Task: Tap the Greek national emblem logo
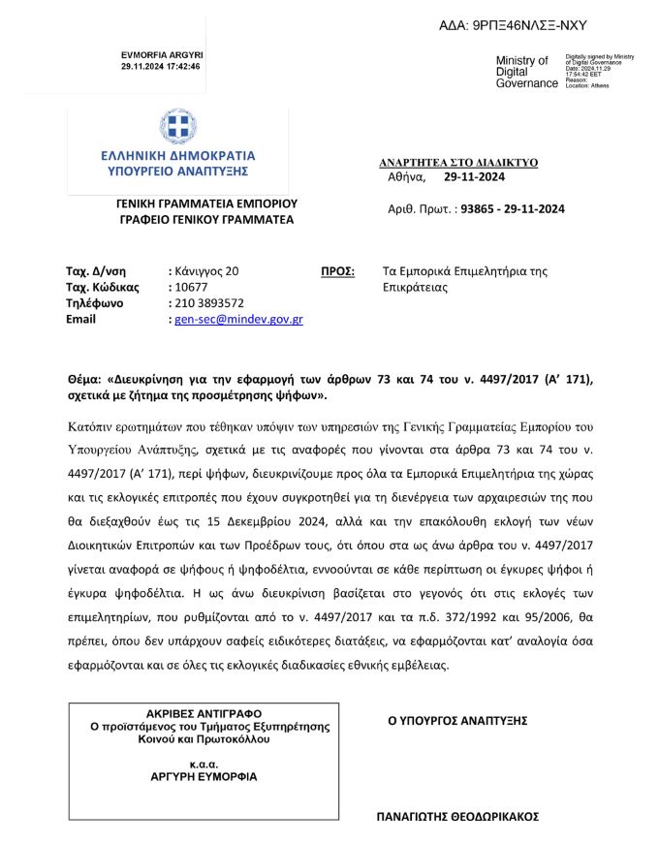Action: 177,127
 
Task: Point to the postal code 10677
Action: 191,288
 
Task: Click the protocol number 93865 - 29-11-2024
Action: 514,208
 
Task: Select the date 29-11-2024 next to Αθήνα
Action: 475,177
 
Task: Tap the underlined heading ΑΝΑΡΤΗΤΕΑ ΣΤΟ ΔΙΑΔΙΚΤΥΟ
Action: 458,163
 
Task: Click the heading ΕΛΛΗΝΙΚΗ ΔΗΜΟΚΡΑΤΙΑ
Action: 177,155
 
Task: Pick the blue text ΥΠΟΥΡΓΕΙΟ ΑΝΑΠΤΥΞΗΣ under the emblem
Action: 177,171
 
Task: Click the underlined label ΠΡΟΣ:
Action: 337,272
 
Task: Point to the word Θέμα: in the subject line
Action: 85,380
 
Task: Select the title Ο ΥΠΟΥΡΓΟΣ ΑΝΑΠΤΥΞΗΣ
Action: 457,720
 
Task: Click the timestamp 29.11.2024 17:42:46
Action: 161,67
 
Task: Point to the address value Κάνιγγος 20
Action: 206,272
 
